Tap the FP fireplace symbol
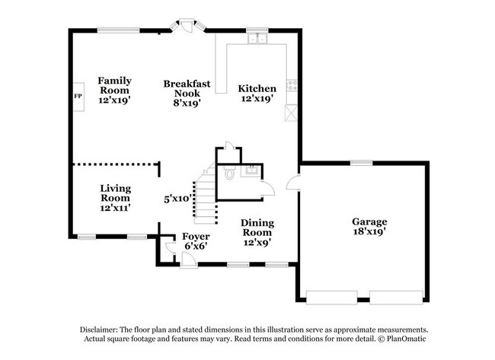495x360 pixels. click(x=77, y=97)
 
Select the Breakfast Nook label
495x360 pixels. click(x=182, y=92)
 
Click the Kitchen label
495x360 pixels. click(x=257, y=92)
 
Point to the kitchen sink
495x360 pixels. click(x=260, y=37)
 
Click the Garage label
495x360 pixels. click(x=369, y=226)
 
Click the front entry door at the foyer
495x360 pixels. click(x=186, y=260)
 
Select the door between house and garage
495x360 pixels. click(x=294, y=183)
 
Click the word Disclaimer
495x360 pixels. click(x=102, y=328)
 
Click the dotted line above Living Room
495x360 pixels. click(x=114, y=164)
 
